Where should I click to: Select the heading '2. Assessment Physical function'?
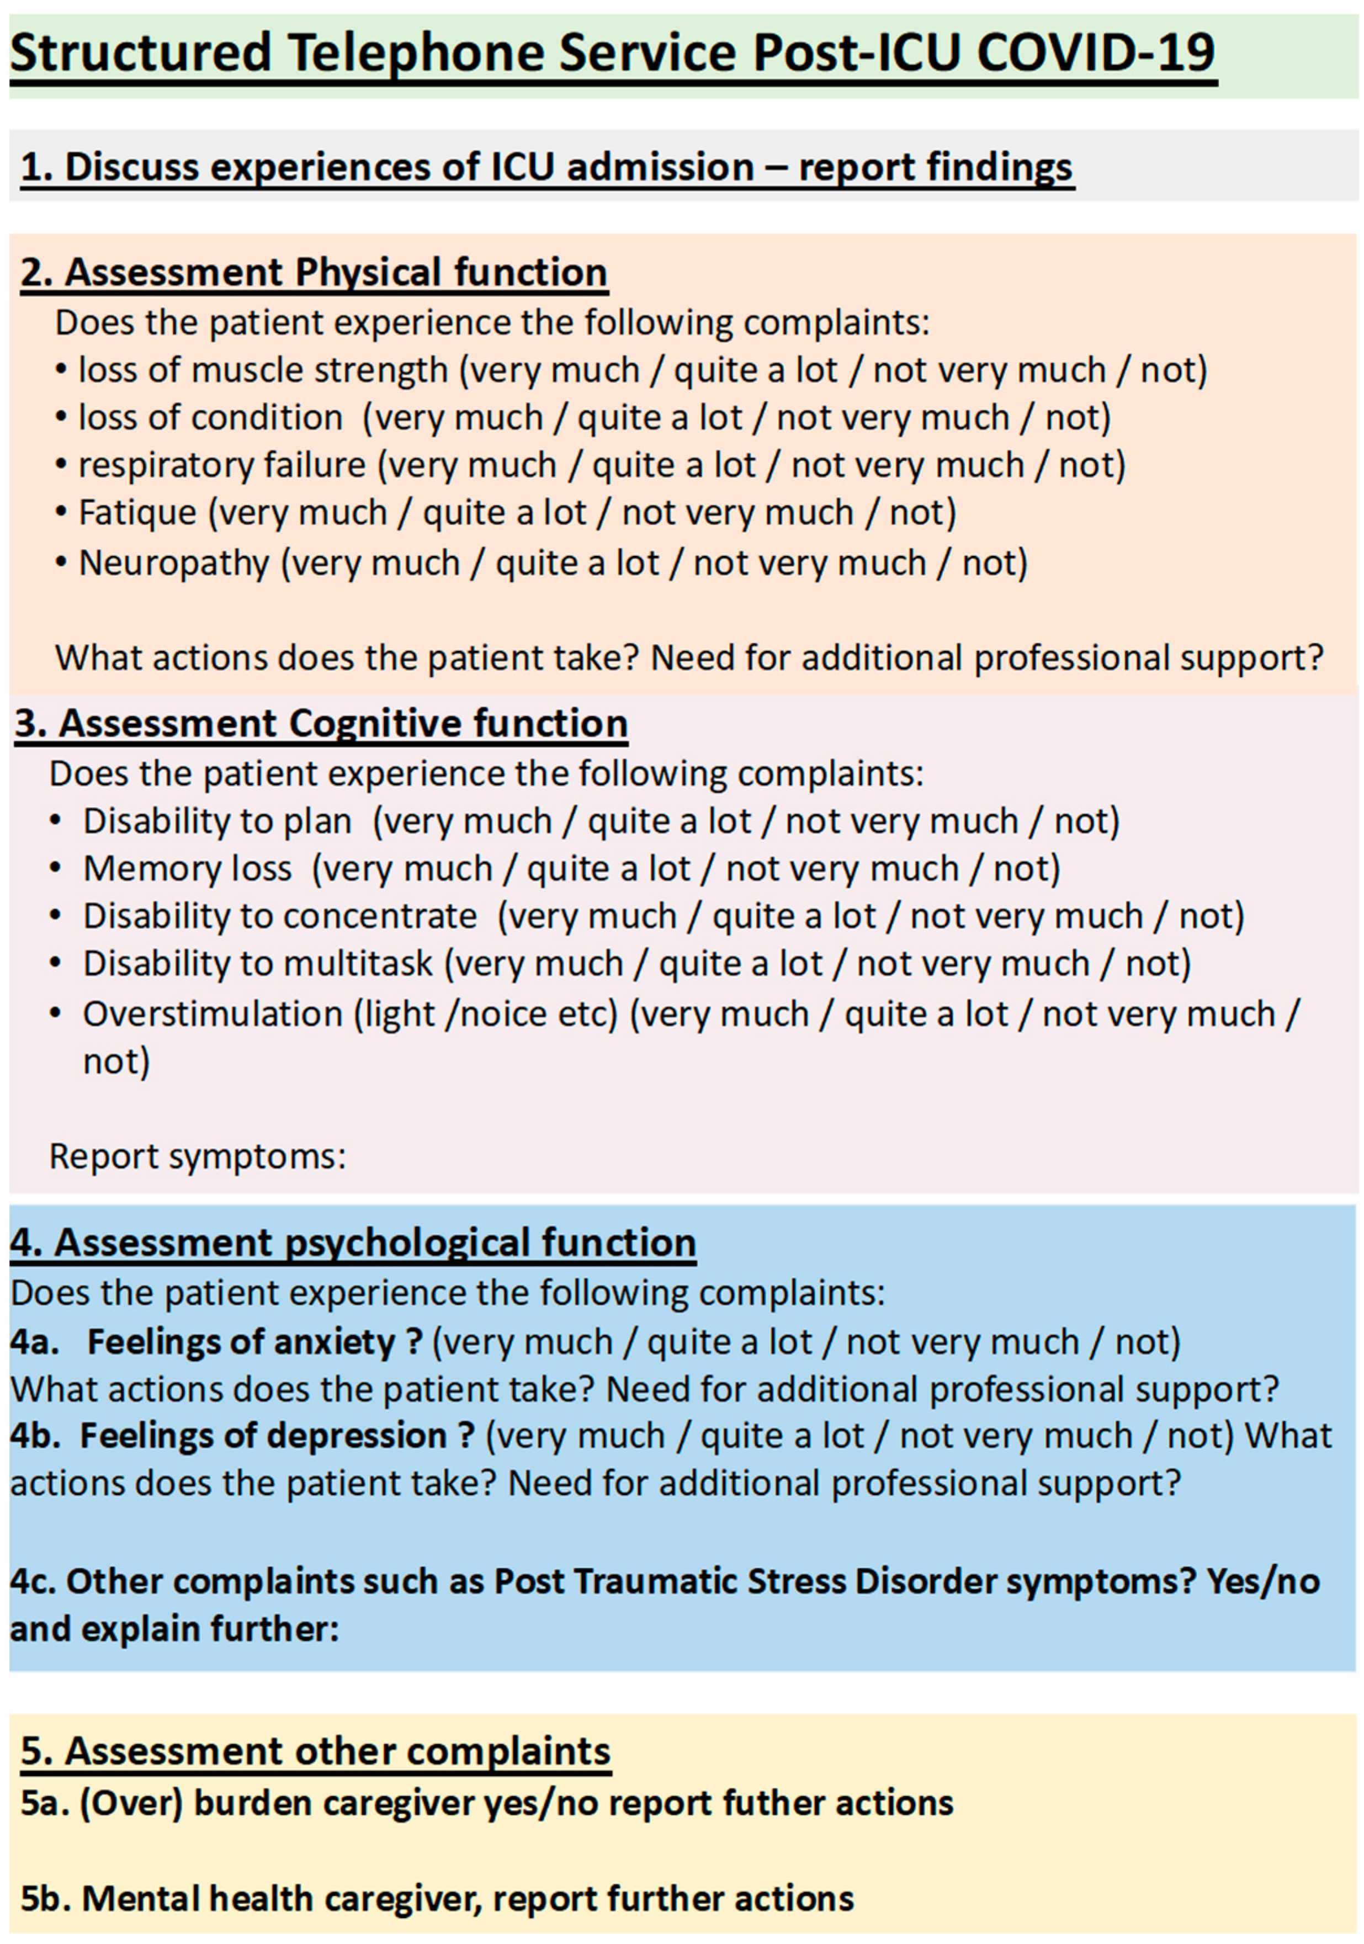(314, 273)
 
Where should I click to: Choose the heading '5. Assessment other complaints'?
(315, 1751)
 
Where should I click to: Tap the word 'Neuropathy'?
(173, 563)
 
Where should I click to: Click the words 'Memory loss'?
(187, 869)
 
